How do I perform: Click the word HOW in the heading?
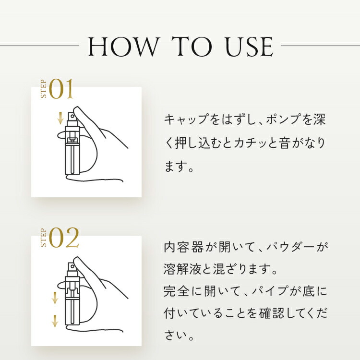pyautogui.click(x=123, y=47)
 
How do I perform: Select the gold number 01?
pyautogui.click(x=61, y=89)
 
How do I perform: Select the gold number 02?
pyautogui.click(x=64, y=238)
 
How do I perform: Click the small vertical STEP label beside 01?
pyautogui.click(x=44, y=89)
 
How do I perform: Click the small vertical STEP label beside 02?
pyautogui.click(x=44, y=238)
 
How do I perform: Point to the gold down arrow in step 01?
pyautogui.click(x=60, y=118)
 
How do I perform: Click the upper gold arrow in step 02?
pyautogui.click(x=55, y=298)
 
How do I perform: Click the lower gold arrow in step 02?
pyautogui.click(x=55, y=321)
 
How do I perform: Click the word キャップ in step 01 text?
pyautogui.click(x=186, y=120)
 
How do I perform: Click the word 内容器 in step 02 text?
pyautogui.click(x=184, y=247)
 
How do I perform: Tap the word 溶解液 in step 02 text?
pyautogui.click(x=184, y=269)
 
